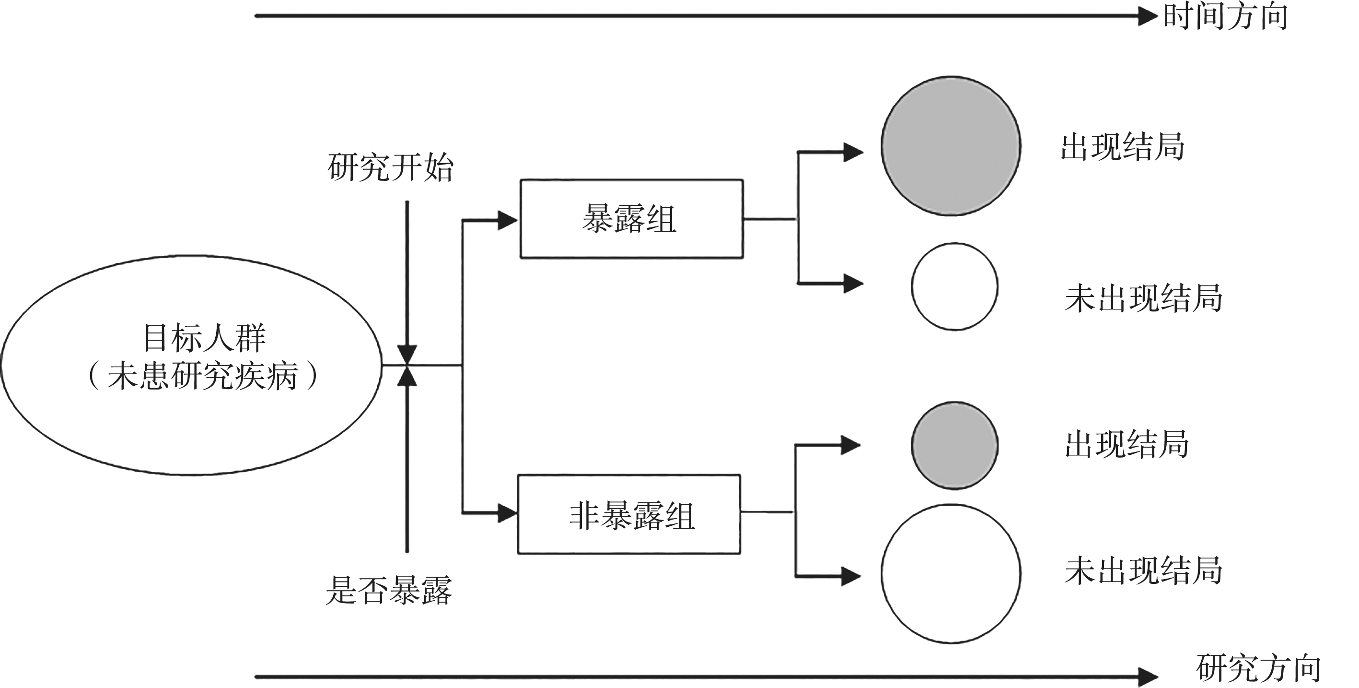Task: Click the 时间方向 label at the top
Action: [1225, 17]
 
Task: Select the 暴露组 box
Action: [631, 219]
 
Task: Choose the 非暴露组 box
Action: [629, 514]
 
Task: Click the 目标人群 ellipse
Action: [191, 365]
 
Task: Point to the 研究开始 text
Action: [390, 168]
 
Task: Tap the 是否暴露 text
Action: [389, 590]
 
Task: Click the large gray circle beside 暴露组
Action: [951, 146]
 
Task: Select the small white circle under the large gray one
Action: [954, 287]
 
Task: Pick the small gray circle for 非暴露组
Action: [954, 445]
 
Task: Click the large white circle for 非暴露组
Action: [951, 573]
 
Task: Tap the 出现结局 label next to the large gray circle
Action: [1123, 147]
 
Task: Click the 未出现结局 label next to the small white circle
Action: [1143, 298]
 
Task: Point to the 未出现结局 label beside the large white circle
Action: [1143, 570]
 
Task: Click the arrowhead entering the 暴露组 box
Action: [507, 220]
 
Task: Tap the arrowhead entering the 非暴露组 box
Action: [507, 512]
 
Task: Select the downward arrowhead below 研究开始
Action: [407, 354]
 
